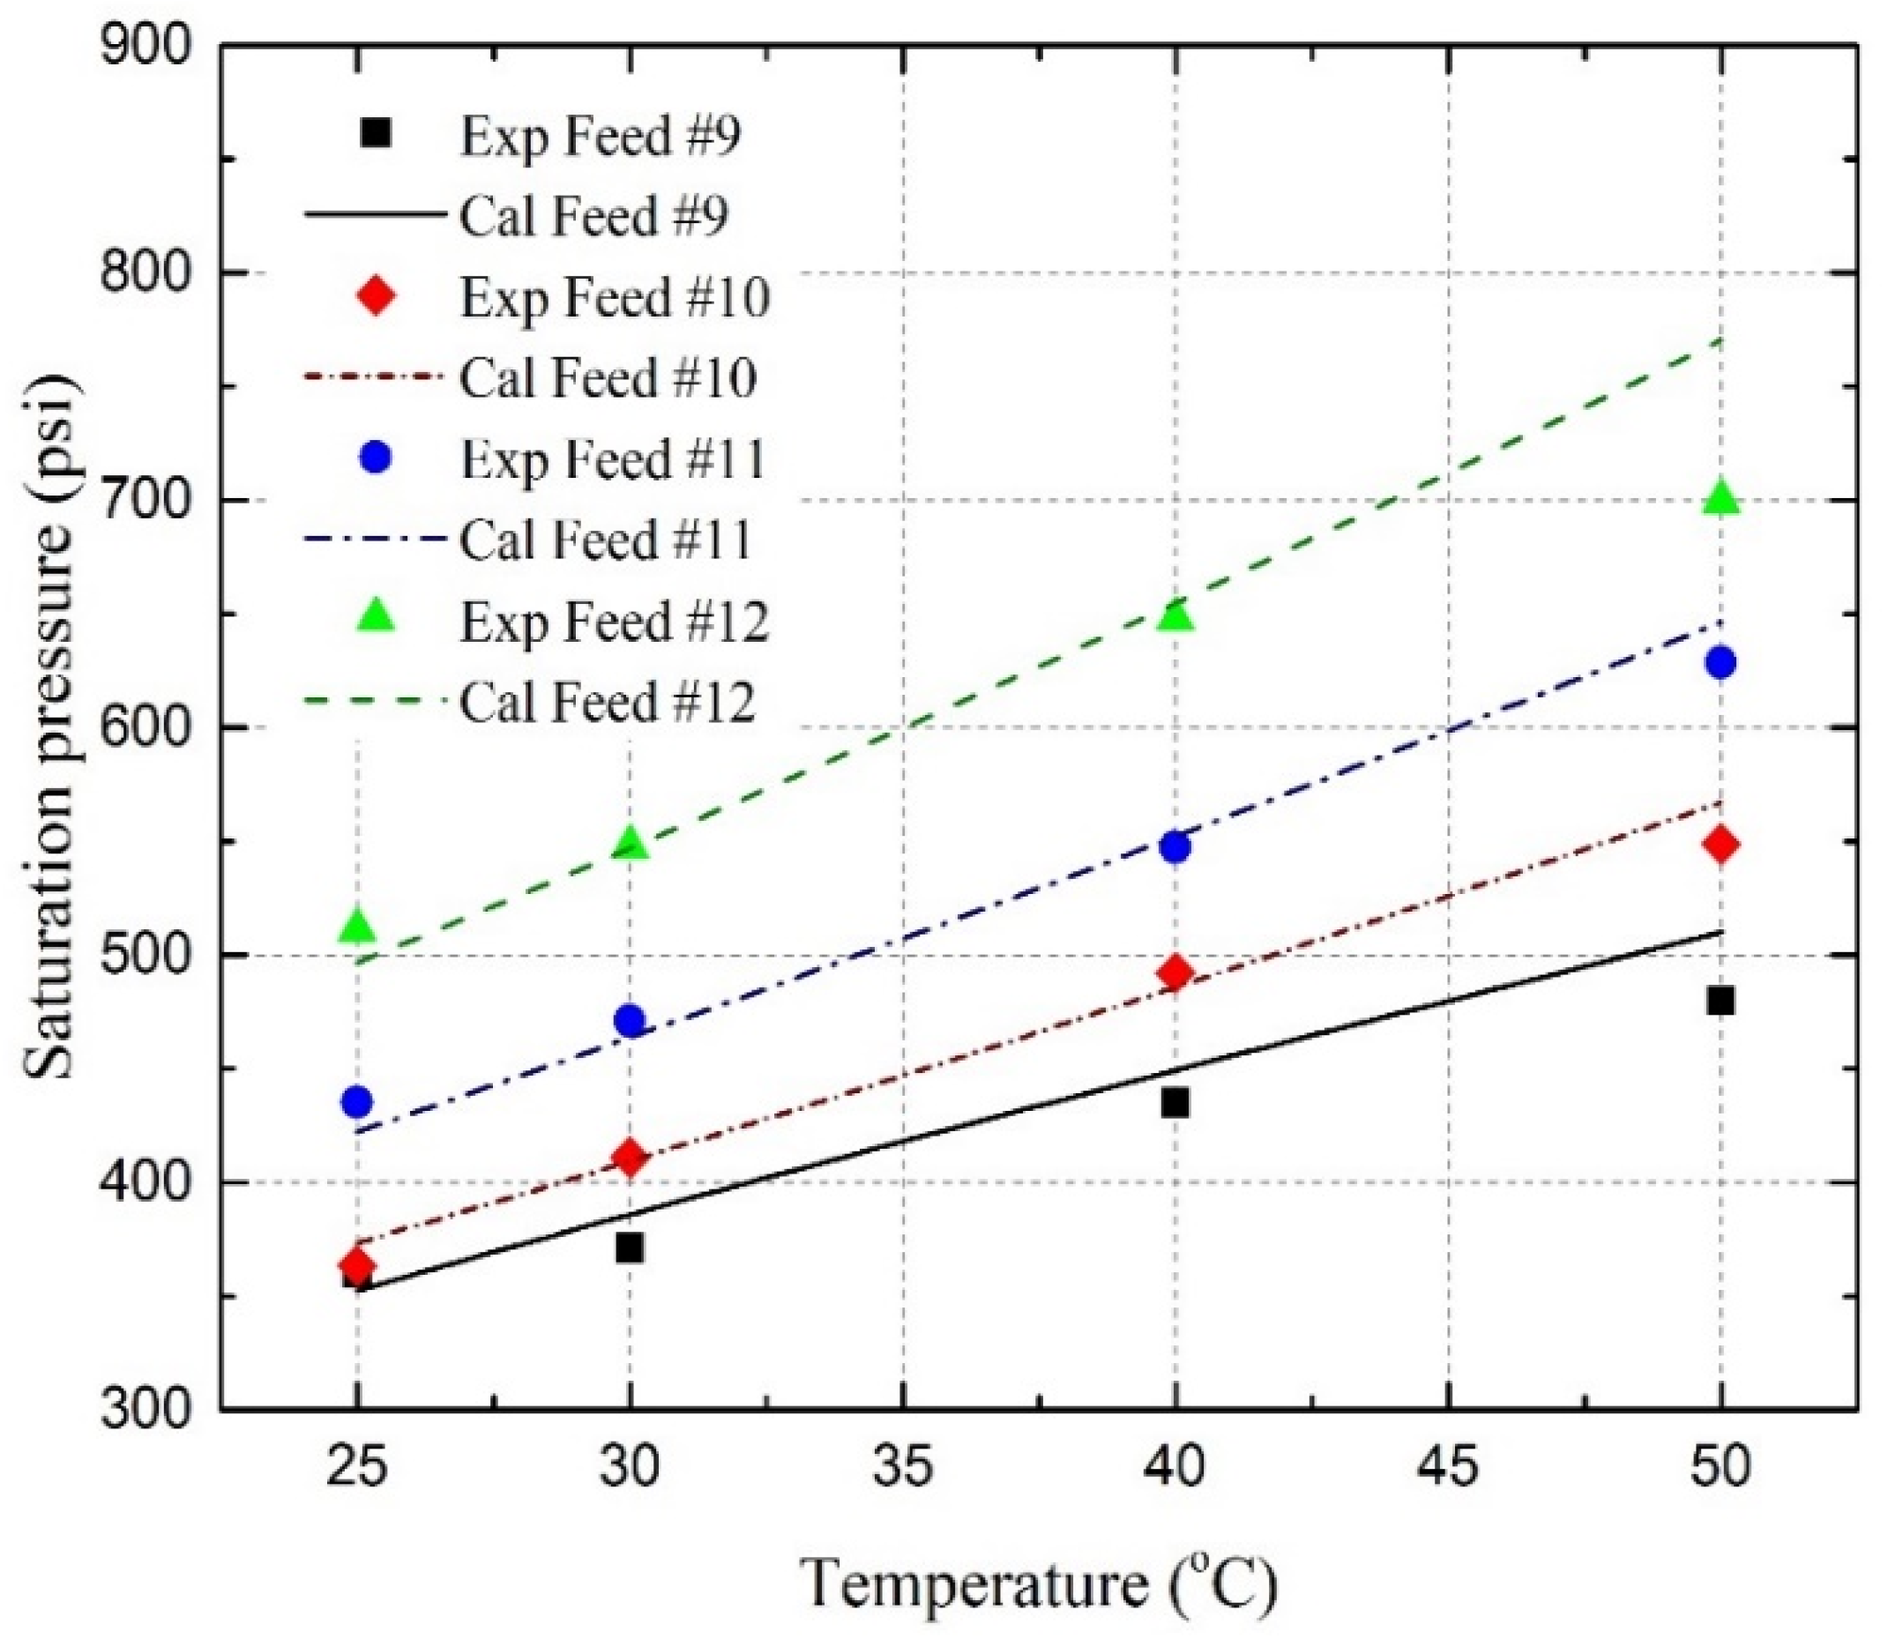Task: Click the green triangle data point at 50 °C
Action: pos(1720,497)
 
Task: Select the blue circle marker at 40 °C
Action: pos(1175,847)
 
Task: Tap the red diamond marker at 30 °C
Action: pos(630,1158)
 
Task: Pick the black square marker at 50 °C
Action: pos(1720,1001)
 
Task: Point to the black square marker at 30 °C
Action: pos(630,1248)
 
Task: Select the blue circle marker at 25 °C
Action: pos(358,1102)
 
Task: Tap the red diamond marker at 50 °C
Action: pos(1720,845)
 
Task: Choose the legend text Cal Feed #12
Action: pos(608,703)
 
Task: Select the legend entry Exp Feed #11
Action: pos(612,459)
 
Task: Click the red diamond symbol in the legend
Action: pos(376,296)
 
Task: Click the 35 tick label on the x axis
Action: pos(903,1466)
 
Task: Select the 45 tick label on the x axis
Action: pos(1449,1466)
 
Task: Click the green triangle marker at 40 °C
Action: pos(1175,616)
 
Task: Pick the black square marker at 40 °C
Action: pos(1175,1103)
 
